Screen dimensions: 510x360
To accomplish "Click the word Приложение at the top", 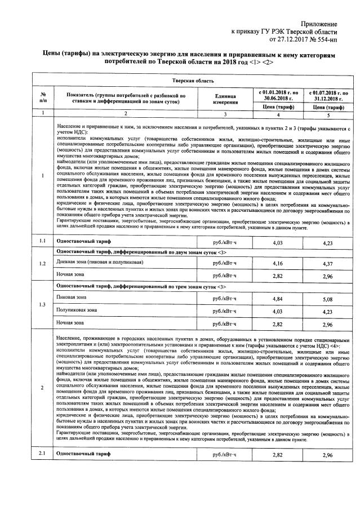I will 319,24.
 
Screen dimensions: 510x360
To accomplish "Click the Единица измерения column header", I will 214,98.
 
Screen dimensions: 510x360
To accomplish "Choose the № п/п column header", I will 43,98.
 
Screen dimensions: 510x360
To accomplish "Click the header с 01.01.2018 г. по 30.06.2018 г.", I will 276,94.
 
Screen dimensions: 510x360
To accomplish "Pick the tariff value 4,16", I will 276,264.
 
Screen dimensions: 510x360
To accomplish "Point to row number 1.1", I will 43,242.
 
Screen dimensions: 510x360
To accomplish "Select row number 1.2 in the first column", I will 43,264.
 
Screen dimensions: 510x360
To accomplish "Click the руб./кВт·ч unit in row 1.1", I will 225,242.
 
